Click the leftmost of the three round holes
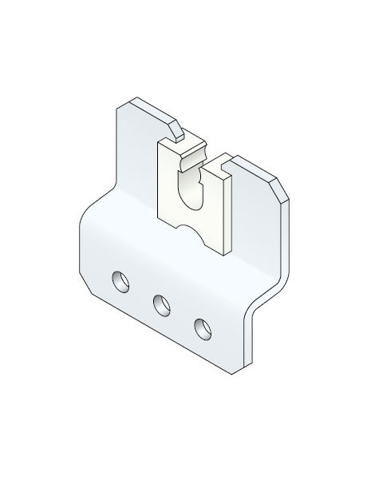pyautogui.click(x=120, y=281)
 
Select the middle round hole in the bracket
pyautogui.click(x=161, y=304)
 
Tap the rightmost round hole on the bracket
pyautogui.click(x=202, y=327)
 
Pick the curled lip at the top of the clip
pyautogui.click(x=194, y=159)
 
